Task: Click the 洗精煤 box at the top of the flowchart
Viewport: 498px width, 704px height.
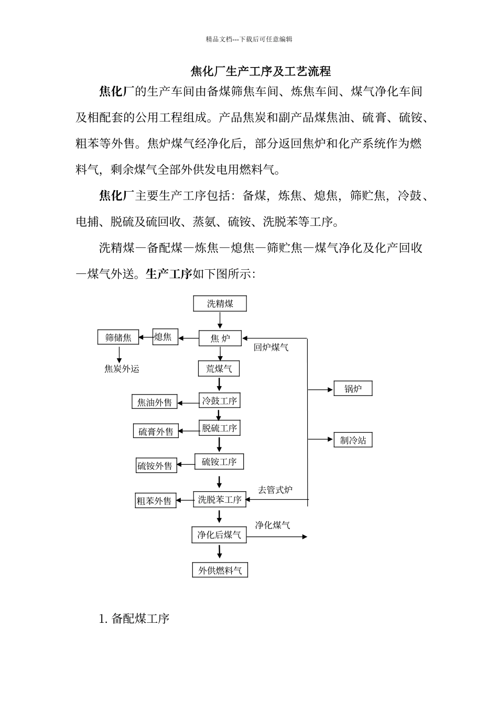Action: pyautogui.click(x=220, y=304)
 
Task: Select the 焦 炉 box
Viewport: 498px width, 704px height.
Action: pyautogui.click(x=220, y=338)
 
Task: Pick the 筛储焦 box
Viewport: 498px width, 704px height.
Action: pyautogui.click(x=118, y=337)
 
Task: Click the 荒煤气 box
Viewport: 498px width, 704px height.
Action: pyautogui.click(x=219, y=369)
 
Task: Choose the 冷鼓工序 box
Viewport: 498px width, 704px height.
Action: pyautogui.click(x=220, y=401)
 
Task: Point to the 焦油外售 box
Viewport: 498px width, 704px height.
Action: pyautogui.click(x=155, y=402)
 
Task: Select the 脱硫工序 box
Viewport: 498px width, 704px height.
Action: pyautogui.click(x=220, y=428)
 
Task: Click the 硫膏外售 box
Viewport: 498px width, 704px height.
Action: pyautogui.click(x=156, y=432)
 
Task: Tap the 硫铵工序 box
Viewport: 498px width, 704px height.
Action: pyautogui.click(x=219, y=461)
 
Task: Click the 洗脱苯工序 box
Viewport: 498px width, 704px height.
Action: pyautogui.click(x=220, y=500)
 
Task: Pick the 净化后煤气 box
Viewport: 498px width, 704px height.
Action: pyautogui.click(x=219, y=535)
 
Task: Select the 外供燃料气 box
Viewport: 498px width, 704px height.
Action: pyautogui.click(x=220, y=570)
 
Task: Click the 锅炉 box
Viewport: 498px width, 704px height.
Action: pyautogui.click(x=353, y=389)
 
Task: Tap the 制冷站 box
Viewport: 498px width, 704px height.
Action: pyautogui.click(x=353, y=440)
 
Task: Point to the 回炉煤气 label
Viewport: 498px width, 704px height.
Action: pyautogui.click(x=271, y=347)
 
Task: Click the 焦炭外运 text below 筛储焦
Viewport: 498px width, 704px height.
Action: pyautogui.click(x=122, y=369)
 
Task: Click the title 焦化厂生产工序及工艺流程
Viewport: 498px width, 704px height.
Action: pyautogui.click(x=260, y=71)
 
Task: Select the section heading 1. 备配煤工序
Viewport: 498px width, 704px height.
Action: pyautogui.click(x=134, y=619)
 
